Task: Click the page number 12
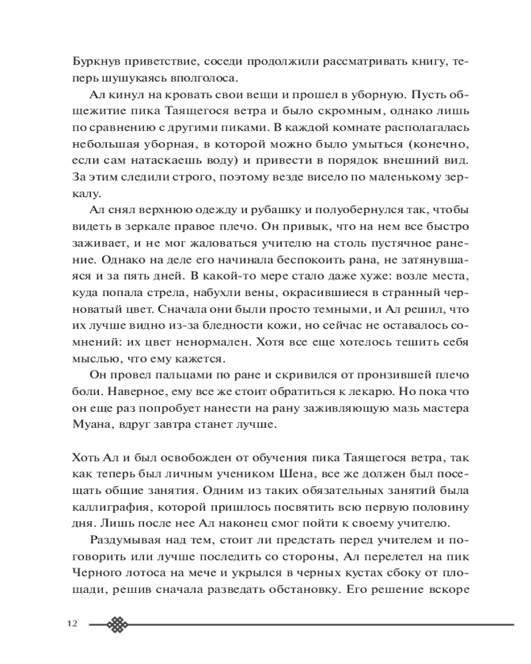(x=72, y=624)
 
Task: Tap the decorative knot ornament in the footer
(x=117, y=624)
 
